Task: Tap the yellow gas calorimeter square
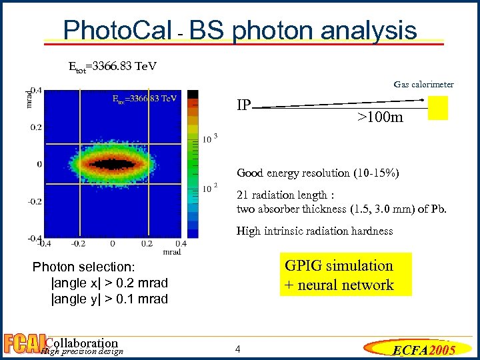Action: point(437,107)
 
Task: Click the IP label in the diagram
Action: point(243,105)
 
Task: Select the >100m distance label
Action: point(379,118)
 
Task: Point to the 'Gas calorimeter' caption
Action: point(423,84)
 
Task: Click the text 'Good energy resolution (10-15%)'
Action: point(318,173)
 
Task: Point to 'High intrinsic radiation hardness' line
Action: point(315,231)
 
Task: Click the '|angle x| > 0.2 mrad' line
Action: point(109,283)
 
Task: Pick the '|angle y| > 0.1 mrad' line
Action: point(109,299)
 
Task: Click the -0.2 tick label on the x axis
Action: point(77,244)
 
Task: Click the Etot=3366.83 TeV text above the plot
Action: point(113,67)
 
